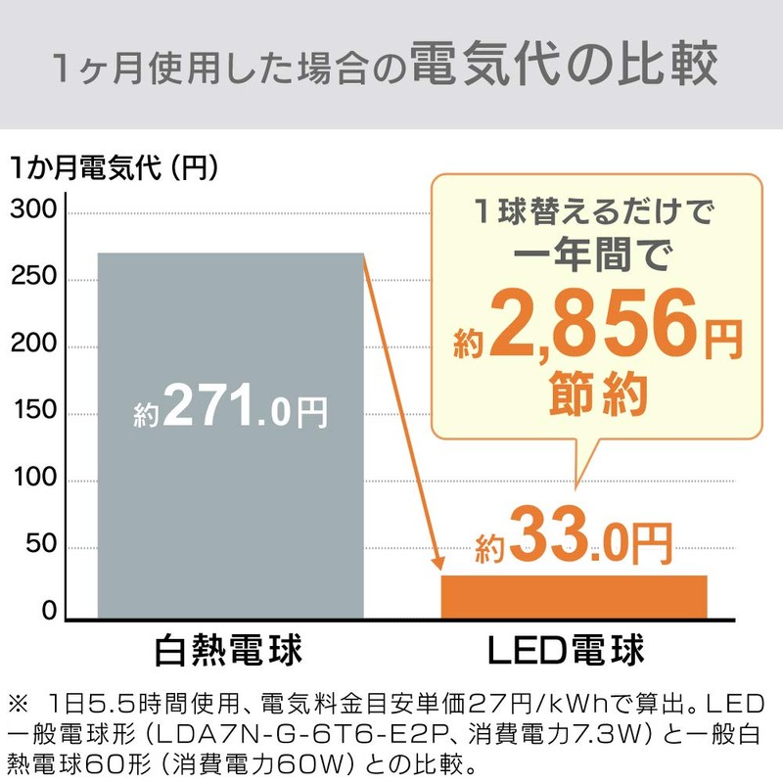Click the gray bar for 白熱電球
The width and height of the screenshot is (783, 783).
[x=230, y=509]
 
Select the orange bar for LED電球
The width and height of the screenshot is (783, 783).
[x=574, y=597]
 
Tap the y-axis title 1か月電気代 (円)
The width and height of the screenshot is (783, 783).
[x=113, y=167]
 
